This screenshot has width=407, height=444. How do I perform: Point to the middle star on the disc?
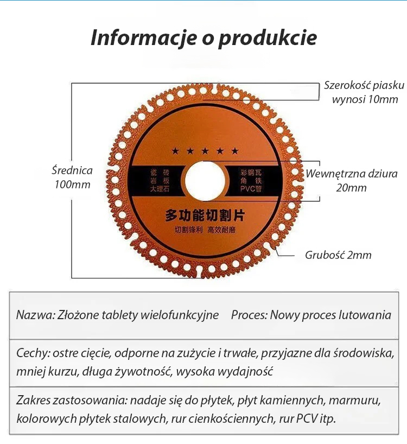click(x=205, y=151)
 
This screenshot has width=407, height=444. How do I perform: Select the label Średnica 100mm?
click(x=72, y=177)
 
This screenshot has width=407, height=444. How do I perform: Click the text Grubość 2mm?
click(x=338, y=255)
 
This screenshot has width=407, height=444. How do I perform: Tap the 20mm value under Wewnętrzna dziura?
click(x=351, y=188)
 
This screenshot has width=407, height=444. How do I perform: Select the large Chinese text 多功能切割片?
click(x=205, y=215)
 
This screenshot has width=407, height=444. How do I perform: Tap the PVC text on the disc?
click(x=248, y=189)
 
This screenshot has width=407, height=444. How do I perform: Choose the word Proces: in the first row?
click(x=249, y=315)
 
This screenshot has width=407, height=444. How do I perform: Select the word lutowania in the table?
click(x=364, y=315)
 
